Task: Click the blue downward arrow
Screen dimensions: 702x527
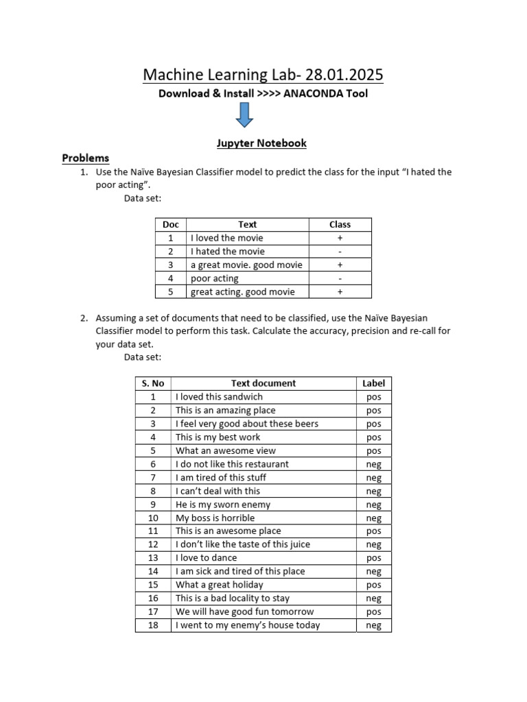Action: point(244,115)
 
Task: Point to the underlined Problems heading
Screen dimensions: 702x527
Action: point(86,158)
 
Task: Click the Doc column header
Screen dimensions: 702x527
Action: point(170,224)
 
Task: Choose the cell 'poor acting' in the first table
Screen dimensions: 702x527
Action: point(215,278)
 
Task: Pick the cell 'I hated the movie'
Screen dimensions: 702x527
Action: point(227,252)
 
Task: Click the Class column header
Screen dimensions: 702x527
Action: point(340,224)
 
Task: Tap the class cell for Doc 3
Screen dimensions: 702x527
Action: point(340,265)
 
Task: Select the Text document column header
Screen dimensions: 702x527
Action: point(263,383)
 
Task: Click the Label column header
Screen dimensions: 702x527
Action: point(373,383)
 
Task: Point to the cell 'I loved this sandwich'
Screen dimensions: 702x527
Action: point(219,397)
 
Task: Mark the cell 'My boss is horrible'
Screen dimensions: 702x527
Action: point(215,518)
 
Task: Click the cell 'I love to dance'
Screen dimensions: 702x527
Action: point(206,558)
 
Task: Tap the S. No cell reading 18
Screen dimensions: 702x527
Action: point(153,625)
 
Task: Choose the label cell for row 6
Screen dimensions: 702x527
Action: point(373,464)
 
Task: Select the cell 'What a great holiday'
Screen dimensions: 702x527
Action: point(219,585)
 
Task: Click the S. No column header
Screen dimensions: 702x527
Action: point(153,383)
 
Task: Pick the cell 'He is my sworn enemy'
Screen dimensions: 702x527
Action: point(223,505)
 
